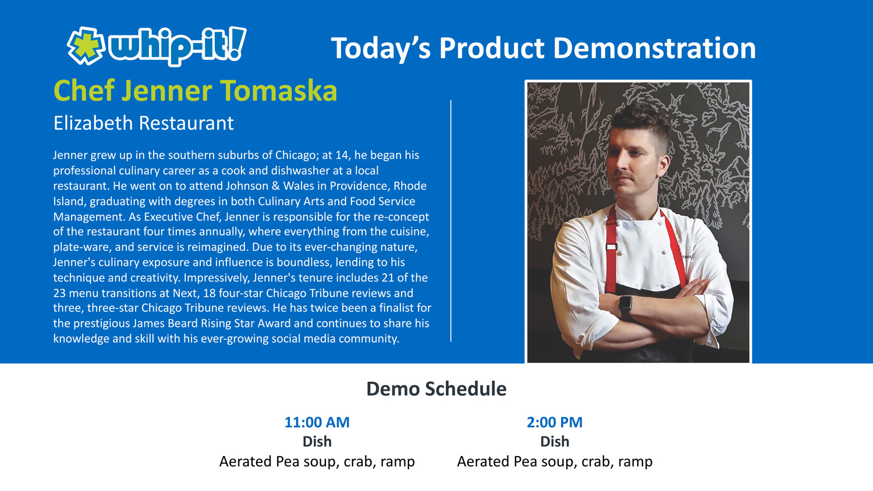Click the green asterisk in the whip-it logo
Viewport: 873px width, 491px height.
(x=86, y=46)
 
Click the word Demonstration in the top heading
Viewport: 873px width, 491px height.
(x=654, y=48)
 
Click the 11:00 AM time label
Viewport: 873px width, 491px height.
(x=317, y=422)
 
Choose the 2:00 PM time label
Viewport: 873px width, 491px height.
(x=555, y=422)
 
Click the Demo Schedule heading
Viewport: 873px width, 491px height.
(x=436, y=389)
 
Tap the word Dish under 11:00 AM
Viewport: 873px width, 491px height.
(x=317, y=442)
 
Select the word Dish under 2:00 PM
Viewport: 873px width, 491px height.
(x=555, y=442)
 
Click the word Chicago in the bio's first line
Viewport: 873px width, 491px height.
(x=295, y=155)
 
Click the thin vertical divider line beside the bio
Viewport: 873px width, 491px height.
(x=451, y=221)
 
